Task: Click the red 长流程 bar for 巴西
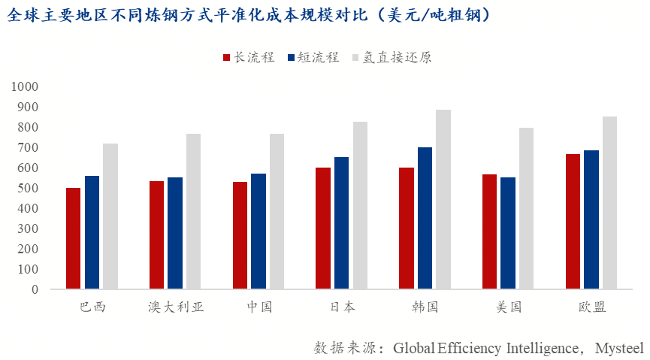click(x=73, y=238)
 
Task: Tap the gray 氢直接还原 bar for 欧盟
click(x=609, y=203)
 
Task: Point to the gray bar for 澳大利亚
click(x=193, y=211)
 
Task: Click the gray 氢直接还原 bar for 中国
click(x=277, y=211)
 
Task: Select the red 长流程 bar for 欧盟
click(x=573, y=222)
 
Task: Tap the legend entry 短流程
click(x=312, y=58)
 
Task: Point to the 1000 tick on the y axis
click(x=25, y=87)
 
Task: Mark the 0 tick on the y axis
click(x=35, y=289)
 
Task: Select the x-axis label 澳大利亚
click(x=176, y=307)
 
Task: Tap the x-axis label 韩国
click(x=425, y=307)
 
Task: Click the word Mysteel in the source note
click(x=619, y=348)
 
